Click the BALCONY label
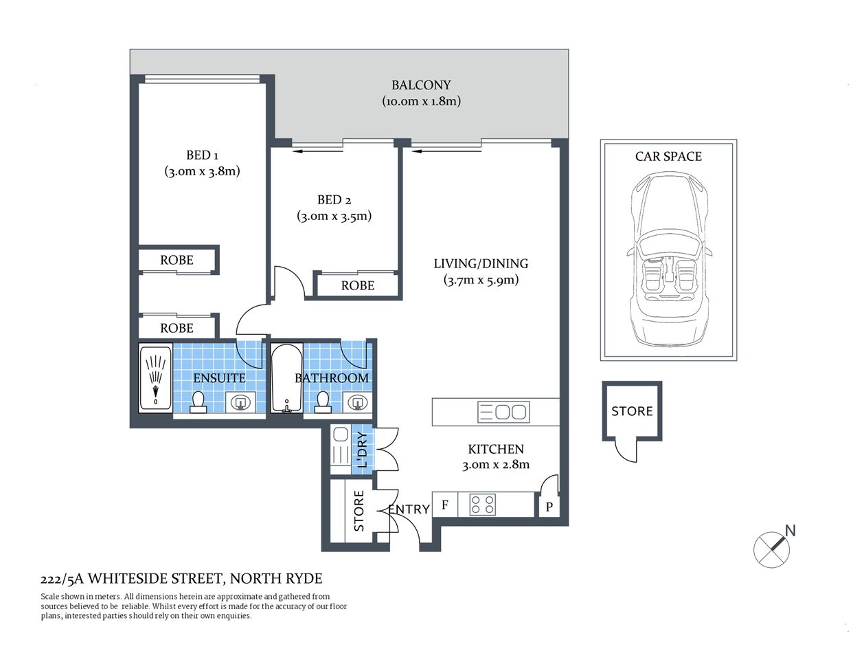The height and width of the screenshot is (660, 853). tap(421, 85)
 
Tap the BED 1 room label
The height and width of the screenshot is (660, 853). tap(202, 155)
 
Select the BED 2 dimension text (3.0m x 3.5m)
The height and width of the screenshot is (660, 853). tap(334, 216)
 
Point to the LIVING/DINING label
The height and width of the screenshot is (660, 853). tap(481, 263)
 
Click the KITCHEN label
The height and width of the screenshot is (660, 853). tap(496, 449)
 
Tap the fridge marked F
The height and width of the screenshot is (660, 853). tap(445, 505)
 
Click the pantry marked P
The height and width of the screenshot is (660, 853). tap(549, 507)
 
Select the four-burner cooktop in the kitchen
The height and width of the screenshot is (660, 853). tap(483, 505)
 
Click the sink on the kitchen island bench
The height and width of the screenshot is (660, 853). tap(503, 412)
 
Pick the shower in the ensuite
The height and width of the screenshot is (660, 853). tap(156, 378)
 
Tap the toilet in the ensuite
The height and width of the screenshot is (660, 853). tap(198, 402)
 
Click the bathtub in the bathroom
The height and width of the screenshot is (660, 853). tap(284, 378)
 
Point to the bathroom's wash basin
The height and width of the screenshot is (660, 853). tap(357, 402)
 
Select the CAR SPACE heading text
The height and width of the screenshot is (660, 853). tap(668, 157)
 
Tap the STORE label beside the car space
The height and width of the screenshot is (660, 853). tap(632, 411)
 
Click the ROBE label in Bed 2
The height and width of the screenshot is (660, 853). tap(357, 285)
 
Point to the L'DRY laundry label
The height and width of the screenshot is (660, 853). tap(362, 450)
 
